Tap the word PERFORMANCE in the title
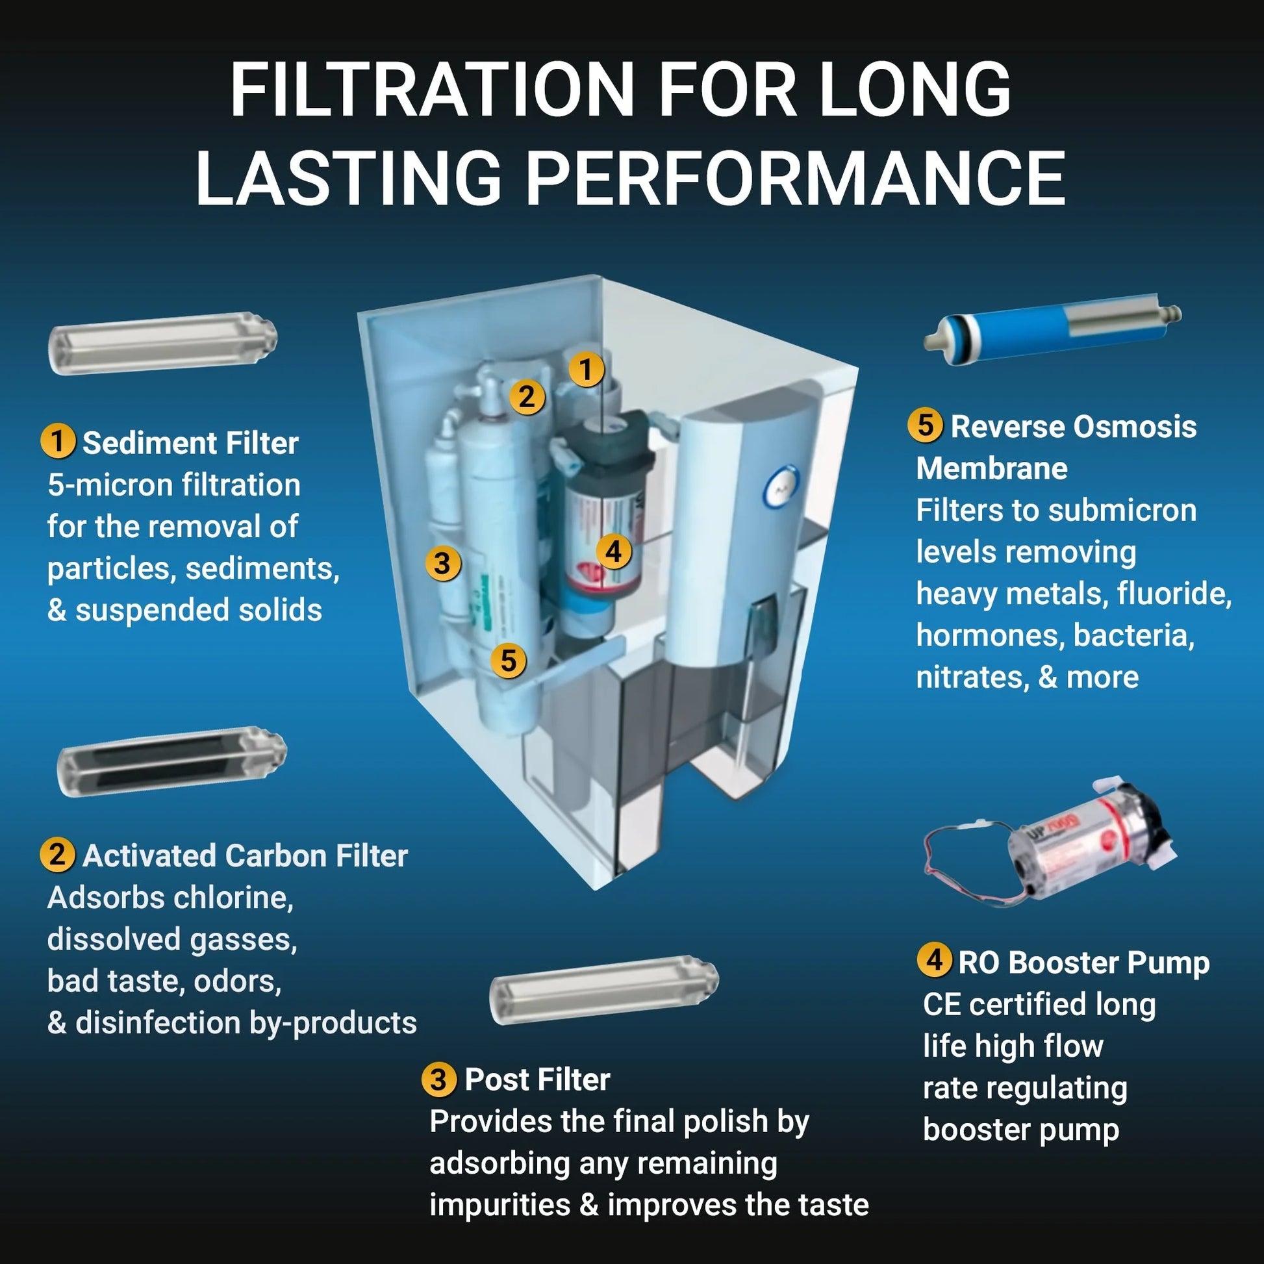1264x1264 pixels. [x=796, y=178]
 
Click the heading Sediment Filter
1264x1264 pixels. [x=190, y=444]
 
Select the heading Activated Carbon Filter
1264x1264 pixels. [x=245, y=855]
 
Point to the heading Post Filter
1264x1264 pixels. [x=537, y=1080]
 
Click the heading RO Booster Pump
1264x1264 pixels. [x=1083, y=963]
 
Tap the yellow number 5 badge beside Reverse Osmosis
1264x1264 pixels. [x=924, y=425]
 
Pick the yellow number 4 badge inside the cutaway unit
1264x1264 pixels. [x=613, y=551]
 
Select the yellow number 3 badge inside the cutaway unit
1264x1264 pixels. [x=442, y=562]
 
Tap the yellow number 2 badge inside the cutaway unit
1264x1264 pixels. [x=527, y=396]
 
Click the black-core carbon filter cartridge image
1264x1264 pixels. [x=172, y=761]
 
